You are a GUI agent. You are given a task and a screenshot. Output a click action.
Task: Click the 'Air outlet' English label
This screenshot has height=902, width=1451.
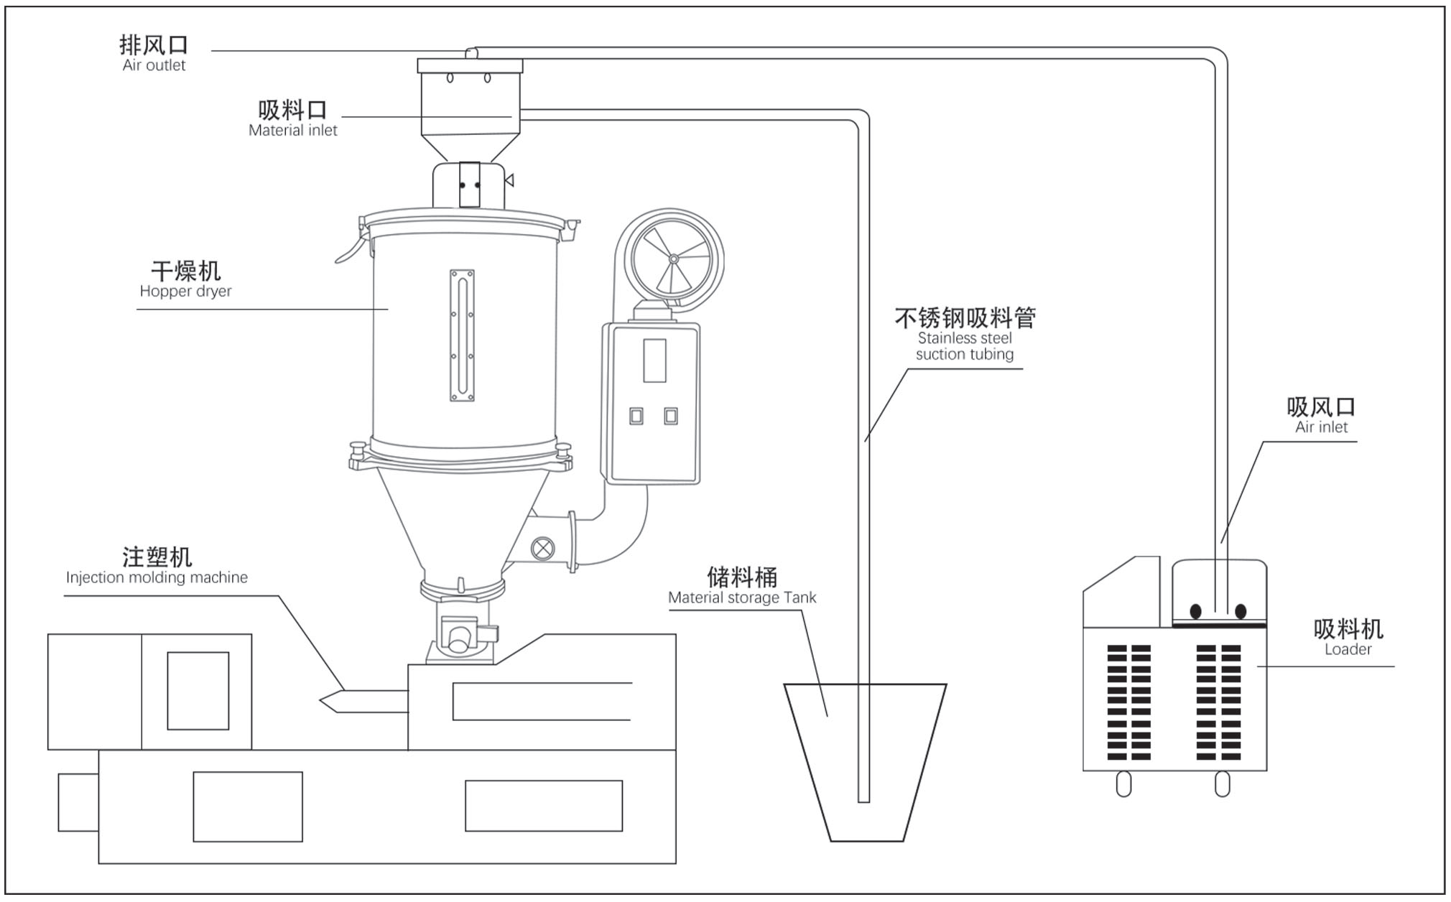[x=154, y=65]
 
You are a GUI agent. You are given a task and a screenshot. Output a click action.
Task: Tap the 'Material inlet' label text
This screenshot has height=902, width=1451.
[x=292, y=131]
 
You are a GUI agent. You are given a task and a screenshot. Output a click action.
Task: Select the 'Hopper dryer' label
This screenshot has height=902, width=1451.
[x=185, y=292]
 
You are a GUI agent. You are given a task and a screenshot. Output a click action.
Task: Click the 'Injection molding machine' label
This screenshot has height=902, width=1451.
[x=157, y=577]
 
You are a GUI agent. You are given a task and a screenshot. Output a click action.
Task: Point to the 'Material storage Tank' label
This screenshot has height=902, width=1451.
[x=742, y=598]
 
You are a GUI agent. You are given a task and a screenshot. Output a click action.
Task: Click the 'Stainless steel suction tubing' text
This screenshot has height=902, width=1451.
[x=964, y=346]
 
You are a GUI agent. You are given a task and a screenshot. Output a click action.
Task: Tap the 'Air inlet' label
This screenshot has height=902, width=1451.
[x=1321, y=427]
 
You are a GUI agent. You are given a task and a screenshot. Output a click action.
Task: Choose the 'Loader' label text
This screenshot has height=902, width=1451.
[x=1348, y=649]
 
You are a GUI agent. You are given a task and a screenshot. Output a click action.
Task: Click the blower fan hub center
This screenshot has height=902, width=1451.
[x=673, y=259]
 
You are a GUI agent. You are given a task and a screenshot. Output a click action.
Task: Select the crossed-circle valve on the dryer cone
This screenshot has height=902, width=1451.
[x=542, y=549]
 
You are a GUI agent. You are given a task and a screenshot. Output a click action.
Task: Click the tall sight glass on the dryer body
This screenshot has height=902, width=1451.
[x=462, y=335]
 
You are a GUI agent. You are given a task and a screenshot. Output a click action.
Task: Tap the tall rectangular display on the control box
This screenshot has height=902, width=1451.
[x=654, y=361]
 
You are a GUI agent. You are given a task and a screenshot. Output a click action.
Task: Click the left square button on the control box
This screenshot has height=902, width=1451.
[x=636, y=416]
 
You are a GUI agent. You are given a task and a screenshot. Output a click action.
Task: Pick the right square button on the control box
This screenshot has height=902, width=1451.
[x=671, y=415]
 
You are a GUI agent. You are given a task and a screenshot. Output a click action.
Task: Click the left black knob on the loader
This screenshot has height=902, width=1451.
[x=1195, y=611]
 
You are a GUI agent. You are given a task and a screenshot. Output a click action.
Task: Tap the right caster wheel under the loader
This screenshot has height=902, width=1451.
[x=1222, y=784]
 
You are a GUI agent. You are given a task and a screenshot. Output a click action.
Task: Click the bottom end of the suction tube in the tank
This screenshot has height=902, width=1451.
[x=863, y=799]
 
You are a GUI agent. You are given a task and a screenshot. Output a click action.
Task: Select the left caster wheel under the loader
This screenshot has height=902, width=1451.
[x=1124, y=784]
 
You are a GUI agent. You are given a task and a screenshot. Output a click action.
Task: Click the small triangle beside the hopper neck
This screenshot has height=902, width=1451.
[x=509, y=180]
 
